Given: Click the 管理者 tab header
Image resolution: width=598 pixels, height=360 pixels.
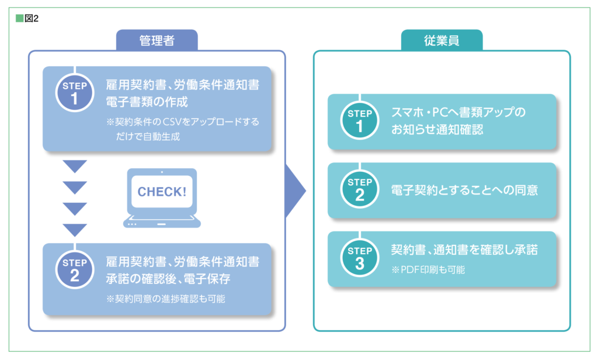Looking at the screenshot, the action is coord(157,40).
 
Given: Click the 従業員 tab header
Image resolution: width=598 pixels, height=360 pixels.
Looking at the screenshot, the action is coord(441,40).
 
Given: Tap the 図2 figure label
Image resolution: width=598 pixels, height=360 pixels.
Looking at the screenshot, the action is coord(32,18).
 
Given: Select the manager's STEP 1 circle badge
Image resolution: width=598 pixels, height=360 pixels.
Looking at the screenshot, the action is coord(75,93).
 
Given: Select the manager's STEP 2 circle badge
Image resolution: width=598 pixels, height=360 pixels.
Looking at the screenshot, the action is coord(75,269).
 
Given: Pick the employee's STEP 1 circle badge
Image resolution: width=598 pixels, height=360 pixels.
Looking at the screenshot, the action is coord(360,120).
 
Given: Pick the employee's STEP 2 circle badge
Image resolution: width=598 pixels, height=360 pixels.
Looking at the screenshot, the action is coord(360,189).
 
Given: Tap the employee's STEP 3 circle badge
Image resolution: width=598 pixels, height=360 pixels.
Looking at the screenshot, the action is coord(360,258).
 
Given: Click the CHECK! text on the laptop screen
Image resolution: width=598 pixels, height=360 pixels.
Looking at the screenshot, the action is coord(162,192).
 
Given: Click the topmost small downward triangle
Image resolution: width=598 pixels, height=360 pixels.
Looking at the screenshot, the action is coord(75,167).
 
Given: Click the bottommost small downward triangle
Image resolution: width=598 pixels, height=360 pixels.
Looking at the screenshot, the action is coord(75,230).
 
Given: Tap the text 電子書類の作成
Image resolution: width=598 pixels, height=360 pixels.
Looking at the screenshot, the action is coord(147,102).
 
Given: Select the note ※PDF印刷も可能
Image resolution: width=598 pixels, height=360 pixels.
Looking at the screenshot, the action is coord(428,270).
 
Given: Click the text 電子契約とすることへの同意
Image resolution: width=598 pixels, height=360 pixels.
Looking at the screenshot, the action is coord(464,190).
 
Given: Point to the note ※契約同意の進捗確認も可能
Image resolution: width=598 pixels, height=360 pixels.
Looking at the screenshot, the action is coord(165,299).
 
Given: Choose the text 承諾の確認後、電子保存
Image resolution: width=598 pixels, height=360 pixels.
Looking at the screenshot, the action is coord(168,279).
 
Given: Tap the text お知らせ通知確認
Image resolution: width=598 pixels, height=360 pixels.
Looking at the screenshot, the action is coord(437,129).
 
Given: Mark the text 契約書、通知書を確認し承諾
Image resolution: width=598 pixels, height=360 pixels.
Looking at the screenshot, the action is coord(464,250).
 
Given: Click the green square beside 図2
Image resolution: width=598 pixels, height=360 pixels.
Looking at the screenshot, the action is coord(19,18).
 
